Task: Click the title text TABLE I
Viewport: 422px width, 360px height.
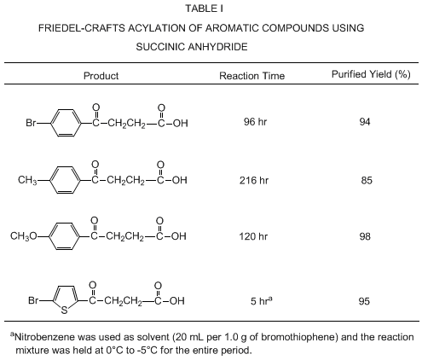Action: [x=205, y=9]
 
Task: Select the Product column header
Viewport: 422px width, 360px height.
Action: [x=101, y=76]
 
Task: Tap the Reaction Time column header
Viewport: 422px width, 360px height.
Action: [x=251, y=76]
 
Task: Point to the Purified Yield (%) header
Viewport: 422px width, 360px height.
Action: [x=371, y=74]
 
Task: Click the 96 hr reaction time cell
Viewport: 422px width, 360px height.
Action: [x=255, y=122]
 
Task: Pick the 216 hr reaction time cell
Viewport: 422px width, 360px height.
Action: [x=254, y=180]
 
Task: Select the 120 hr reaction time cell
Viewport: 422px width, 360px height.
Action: [x=253, y=236]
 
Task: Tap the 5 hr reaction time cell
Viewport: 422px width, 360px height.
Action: [x=261, y=301]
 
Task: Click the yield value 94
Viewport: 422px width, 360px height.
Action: [x=365, y=122]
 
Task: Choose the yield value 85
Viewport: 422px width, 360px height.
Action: [x=367, y=180]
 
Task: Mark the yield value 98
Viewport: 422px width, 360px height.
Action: [x=365, y=236]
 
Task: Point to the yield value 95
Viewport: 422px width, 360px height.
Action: [x=364, y=301]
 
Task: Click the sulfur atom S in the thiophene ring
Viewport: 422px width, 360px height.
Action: [x=65, y=311]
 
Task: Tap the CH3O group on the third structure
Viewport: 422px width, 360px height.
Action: [x=24, y=236]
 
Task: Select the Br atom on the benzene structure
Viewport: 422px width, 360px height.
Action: [x=31, y=123]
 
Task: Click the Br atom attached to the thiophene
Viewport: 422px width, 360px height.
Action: [x=33, y=300]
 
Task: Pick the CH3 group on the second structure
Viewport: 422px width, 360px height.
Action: [x=27, y=180]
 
